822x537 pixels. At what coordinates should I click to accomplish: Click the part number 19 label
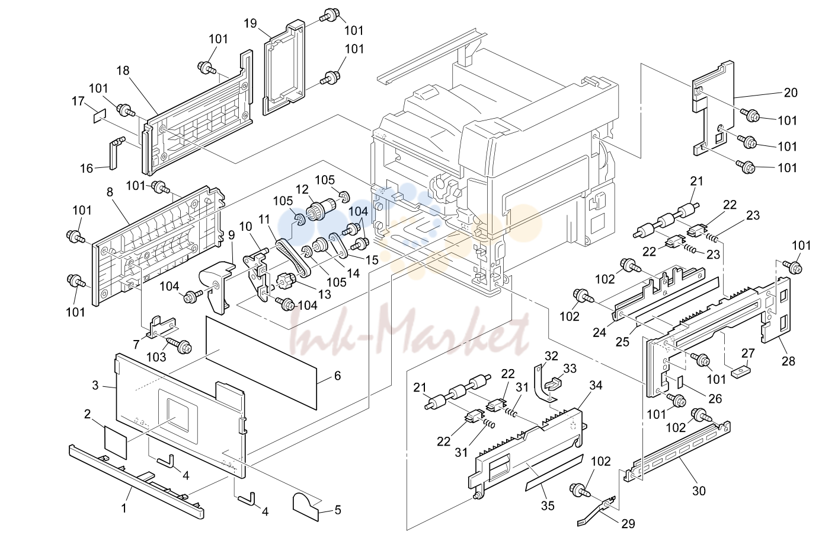coord(250,24)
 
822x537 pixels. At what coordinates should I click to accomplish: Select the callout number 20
coord(791,93)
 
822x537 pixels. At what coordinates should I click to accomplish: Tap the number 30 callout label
coord(699,491)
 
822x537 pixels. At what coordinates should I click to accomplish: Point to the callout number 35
coord(548,506)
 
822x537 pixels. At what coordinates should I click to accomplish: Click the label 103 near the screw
coord(156,357)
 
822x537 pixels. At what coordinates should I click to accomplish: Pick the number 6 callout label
coord(337,376)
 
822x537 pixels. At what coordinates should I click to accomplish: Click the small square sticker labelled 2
coord(116,443)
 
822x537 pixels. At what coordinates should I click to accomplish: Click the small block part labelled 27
coord(741,373)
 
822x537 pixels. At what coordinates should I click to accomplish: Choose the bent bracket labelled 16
coord(116,152)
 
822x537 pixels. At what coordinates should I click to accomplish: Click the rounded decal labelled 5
coord(306,507)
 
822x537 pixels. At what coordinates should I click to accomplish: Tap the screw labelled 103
coord(180,345)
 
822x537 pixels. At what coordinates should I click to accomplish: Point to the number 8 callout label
coord(110,192)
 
